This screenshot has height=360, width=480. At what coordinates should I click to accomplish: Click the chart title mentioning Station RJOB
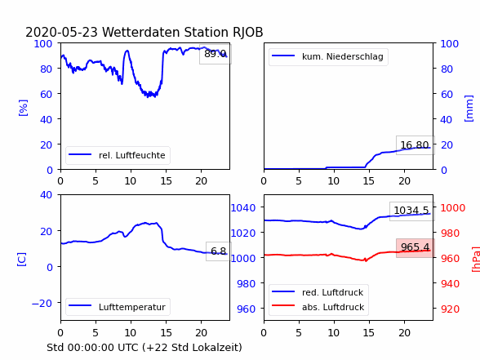144,32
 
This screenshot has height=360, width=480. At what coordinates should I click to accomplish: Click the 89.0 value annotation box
216,54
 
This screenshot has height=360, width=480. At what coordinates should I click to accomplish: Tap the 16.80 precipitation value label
415,145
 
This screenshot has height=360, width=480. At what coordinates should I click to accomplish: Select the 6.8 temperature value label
218,251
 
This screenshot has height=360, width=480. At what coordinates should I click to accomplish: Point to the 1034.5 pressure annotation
411,211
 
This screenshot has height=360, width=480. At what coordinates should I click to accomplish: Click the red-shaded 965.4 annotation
415,247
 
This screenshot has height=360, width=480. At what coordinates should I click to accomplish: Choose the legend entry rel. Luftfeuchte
118,155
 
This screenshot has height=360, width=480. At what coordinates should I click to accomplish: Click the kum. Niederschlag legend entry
328,56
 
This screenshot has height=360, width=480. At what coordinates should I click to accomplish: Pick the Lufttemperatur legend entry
118,307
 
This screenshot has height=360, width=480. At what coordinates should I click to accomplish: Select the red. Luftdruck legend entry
318,292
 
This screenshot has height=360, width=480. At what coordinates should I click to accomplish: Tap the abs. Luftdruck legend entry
318,307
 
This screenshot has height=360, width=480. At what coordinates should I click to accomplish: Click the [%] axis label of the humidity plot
23,108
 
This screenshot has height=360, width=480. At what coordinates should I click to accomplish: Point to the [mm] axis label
469,109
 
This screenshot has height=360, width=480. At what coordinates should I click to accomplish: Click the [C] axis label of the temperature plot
22,260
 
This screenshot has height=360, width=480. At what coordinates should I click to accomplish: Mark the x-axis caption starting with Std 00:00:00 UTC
144,348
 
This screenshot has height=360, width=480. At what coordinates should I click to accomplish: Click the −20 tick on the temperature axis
42,303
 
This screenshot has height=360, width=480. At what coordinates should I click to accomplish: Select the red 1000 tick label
453,208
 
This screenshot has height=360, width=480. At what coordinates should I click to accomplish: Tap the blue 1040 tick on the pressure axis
243,208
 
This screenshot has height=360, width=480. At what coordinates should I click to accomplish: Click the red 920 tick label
451,309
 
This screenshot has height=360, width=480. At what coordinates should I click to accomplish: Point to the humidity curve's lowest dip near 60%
149,96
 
